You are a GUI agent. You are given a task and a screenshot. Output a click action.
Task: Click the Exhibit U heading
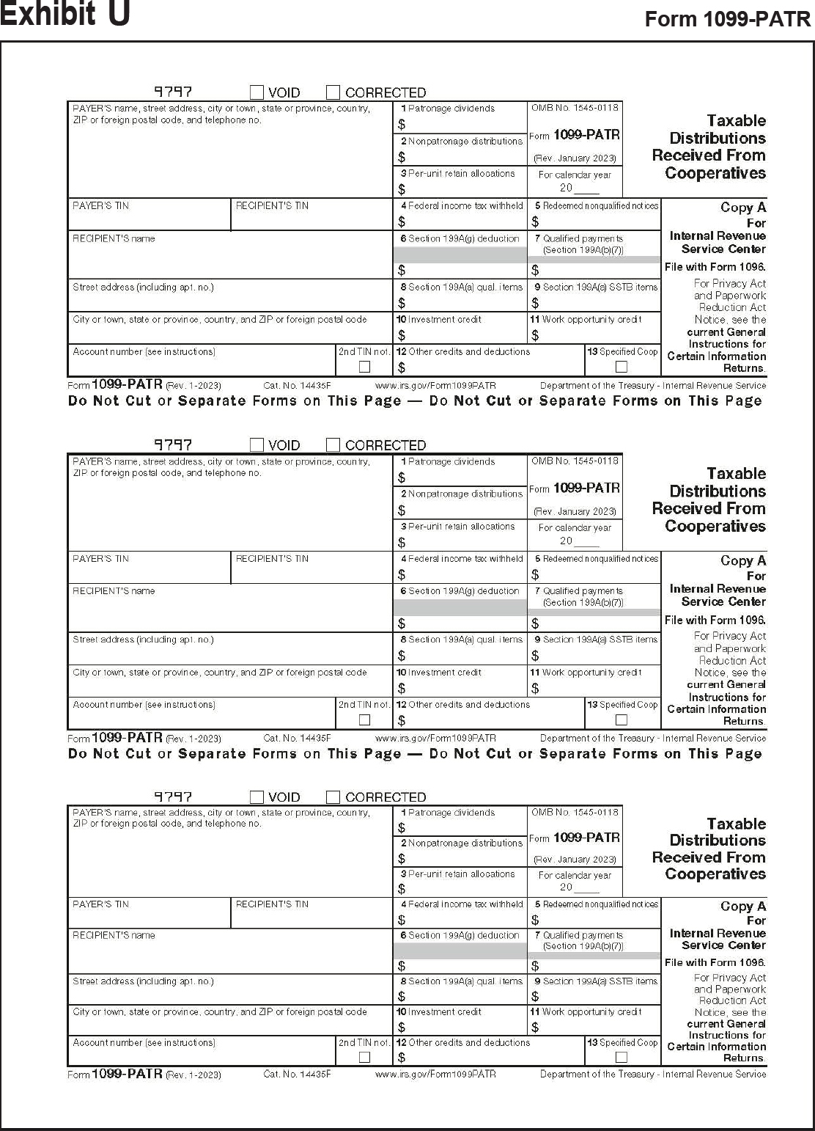[65, 14]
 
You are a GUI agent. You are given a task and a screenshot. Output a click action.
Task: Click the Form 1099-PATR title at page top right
[727, 19]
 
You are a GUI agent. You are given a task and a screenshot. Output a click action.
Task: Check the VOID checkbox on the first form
[257, 92]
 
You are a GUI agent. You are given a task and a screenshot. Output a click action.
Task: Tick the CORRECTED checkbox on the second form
[333, 445]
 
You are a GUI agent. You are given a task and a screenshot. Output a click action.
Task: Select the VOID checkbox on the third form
[257, 797]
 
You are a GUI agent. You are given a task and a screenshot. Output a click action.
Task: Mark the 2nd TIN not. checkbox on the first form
[364, 367]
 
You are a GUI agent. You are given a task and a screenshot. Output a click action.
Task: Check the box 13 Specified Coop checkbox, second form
[622, 720]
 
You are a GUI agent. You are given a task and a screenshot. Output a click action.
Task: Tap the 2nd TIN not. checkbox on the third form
[364, 1057]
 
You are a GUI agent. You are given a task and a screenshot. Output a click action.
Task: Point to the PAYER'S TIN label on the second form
[100, 559]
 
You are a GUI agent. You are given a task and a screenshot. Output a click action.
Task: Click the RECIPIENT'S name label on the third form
[114, 935]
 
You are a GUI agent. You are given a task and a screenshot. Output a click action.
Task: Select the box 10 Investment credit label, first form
[439, 320]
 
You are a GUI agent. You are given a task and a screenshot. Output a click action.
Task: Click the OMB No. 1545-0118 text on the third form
[575, 812]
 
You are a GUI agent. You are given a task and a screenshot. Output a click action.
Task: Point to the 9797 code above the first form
[173, 92]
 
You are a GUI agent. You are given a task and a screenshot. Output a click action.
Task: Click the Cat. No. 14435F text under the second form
[297, 739]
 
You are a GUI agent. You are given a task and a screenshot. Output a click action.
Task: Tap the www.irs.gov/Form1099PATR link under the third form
[435, 1074]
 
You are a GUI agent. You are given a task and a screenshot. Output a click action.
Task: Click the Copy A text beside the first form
[742, 208]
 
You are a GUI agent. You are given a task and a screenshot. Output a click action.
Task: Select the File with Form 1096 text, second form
[715, 621]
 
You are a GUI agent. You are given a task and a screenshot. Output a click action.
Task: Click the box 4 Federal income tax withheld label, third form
[461, 904]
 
